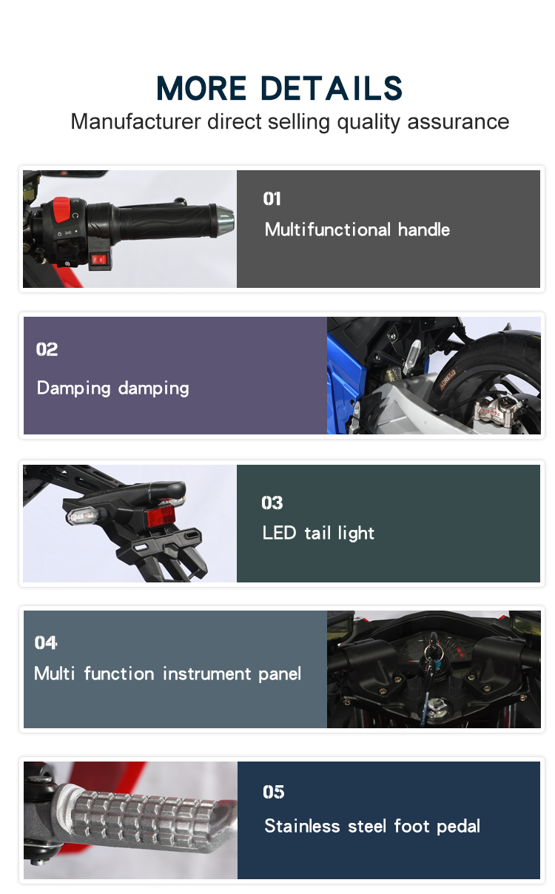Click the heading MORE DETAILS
[279, 88]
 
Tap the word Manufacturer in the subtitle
[135, 121]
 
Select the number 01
[272, 199]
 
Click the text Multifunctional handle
[357, 229]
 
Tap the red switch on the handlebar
[62, 209]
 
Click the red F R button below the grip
[98, 260]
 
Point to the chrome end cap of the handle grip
[225, 220]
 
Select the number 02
[47, 349]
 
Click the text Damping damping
[113, 389]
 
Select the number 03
[272, 503]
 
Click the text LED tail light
[318, 533]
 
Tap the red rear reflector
[161, 517]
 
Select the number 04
[45, 642]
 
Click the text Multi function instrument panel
[167, 674]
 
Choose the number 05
[273, 792]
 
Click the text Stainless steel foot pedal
[372, 827]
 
